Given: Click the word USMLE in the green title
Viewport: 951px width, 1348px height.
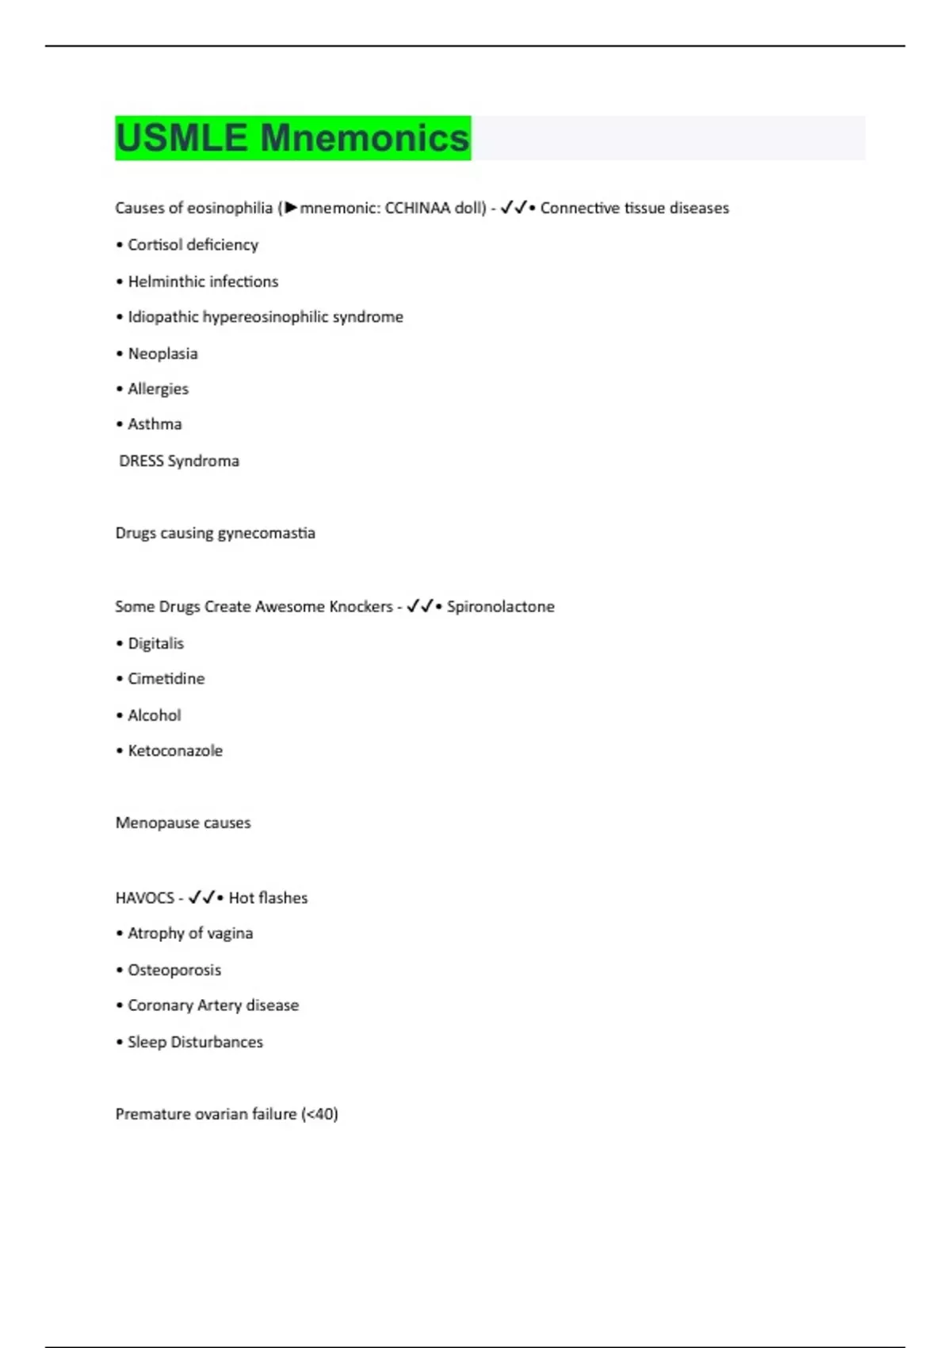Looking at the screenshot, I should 181,138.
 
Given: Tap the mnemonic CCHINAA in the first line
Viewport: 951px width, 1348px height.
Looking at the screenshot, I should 417,208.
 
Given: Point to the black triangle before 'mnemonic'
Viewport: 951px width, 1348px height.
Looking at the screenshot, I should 291,208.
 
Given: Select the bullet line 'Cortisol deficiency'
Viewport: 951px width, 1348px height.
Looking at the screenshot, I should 193,245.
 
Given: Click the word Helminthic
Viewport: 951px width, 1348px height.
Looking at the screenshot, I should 166,281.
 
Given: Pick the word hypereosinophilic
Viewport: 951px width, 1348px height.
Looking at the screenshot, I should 265,317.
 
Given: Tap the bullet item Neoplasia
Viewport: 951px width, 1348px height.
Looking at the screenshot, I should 162,354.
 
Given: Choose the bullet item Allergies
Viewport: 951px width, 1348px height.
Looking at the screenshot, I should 158,389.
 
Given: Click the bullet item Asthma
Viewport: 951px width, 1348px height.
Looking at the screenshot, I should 155,424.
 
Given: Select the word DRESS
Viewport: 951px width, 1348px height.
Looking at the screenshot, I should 141,461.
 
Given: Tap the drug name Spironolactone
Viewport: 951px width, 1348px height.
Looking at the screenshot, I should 500,607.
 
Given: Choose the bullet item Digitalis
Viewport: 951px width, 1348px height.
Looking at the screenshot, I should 155,643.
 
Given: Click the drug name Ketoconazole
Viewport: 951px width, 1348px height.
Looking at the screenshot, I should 175,751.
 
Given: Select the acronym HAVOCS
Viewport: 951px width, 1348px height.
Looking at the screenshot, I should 144,898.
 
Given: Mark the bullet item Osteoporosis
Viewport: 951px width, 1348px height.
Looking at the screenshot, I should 174,970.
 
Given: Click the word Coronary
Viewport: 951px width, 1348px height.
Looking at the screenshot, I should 160,1005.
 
